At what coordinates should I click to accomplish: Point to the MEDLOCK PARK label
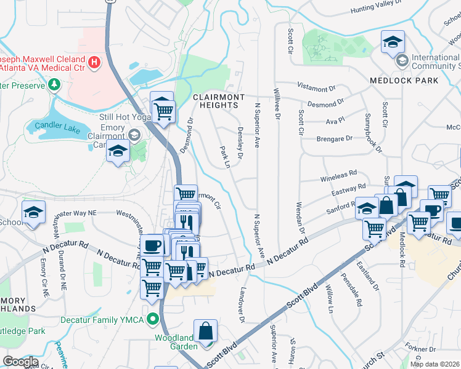(404, 81)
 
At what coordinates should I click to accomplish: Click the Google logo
(20, 362)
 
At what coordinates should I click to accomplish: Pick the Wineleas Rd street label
(338, 177)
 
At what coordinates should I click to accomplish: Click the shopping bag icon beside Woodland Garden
(205, 331)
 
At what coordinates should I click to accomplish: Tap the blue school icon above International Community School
(393, 42)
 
